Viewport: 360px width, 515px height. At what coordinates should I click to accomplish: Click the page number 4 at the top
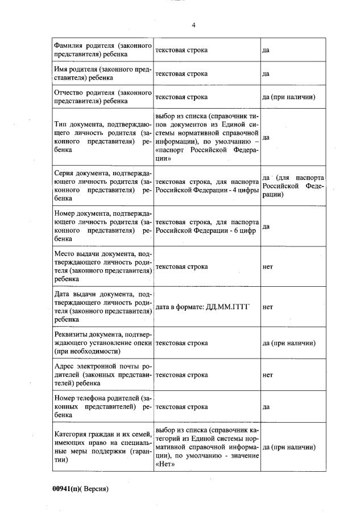[x=193, y=25]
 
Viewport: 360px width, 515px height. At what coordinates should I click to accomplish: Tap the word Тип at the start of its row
[x=60, y=125]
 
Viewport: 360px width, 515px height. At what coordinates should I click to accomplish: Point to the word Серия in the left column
[x=64, y=174]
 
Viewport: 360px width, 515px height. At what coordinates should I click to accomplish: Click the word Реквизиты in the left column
[x=71, y=335]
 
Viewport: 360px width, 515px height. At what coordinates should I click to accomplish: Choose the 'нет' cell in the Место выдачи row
[x=267, y=266]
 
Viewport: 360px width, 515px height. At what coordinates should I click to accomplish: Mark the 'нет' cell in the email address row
[x=267, y=375]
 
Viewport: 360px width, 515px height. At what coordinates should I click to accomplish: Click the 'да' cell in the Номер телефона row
[x=265, y=407]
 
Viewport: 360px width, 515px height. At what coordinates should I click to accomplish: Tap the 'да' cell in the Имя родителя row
[x=265, y=73]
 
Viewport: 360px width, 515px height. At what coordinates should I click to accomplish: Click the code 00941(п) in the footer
[x=67, y=489]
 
